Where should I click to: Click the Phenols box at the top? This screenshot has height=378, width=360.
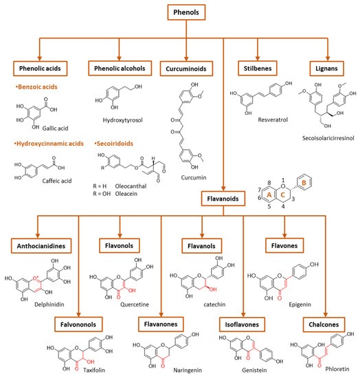(x=180, y=12)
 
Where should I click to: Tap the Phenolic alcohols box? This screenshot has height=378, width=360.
(x=119, y=69)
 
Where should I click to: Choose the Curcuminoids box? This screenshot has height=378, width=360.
(x=190, y=69)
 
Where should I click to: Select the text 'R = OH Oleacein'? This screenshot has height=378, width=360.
(x=113, y=203)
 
